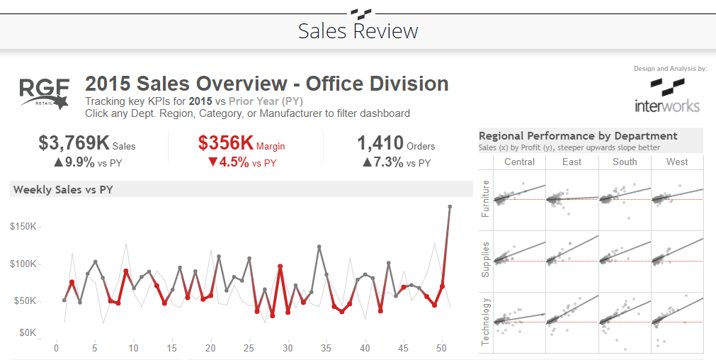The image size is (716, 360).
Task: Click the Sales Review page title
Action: pos(358,31)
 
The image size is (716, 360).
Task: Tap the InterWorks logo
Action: pos(667,96)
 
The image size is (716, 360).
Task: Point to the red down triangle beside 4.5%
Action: pos(212,162)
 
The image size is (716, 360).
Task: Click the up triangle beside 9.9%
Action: pos(59,162)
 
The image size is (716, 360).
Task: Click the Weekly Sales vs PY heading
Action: pos(63,189)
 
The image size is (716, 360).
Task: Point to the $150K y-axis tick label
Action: pos(23,226)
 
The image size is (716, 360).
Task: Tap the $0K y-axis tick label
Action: pos(26,332)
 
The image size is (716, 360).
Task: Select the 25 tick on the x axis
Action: pos(249,348)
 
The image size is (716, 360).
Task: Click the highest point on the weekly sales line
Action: pos(450,207)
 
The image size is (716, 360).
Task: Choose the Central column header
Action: pos(519,162)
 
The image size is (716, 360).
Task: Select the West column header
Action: pos(676,162)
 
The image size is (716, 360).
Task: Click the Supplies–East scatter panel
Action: pos(572,261)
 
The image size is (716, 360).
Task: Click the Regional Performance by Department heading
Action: pos(578,136)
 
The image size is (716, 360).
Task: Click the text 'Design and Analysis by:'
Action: pos(670,69)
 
